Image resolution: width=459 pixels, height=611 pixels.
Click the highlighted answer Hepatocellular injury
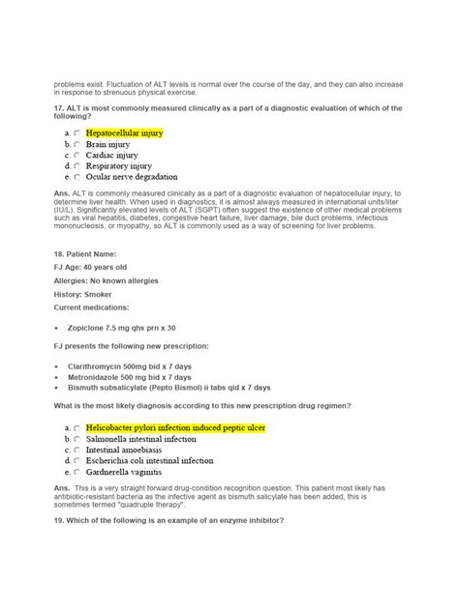pyautogui.click(x=124, y=131)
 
